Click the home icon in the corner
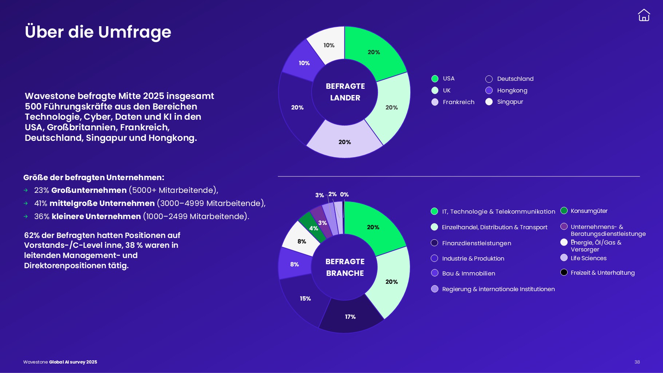coord(644,15)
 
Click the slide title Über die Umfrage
coord(98,32)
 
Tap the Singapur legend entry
coord(505,102)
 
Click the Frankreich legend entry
coord(453,102)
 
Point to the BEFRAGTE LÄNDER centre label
coord(345,92)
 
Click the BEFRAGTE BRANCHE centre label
coord(345,267)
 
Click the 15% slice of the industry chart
coord(305,299)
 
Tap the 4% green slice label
coord(313,229)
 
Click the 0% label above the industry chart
coord(344,195)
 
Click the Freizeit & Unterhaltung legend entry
coord(598,273)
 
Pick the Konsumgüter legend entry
coord(584,211)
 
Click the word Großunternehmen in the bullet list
coord(89,190)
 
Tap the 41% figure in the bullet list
coord(41,203)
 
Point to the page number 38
coord(637,362)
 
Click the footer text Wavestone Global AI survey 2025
coord(60,362)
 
